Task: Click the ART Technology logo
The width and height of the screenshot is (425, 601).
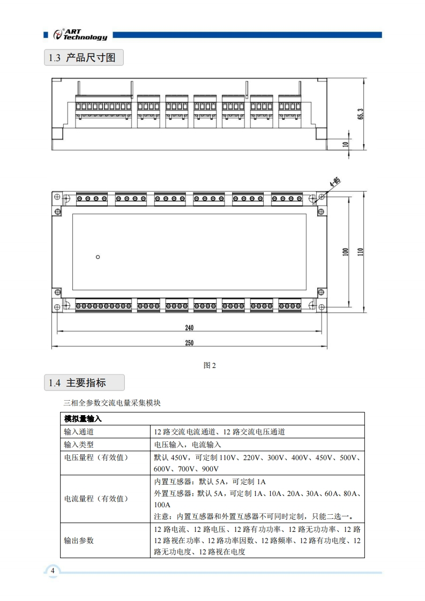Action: pyautogui.click(x=80, y=34)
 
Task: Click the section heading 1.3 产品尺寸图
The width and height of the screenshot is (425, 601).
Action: pyautogui.click(x=83, y=58)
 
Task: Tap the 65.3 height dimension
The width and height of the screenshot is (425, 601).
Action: pyautogui.click(x=361, y=114)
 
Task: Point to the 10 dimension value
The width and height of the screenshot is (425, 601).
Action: pyautogui.click(x=346, y=144)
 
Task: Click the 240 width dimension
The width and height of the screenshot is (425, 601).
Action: pyautogui.click(x=189, y=328)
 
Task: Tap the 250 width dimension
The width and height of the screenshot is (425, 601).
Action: pyautogui.click(x=189, y=343)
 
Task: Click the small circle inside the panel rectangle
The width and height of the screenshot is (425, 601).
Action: pyautogui.click(x=98, y=257)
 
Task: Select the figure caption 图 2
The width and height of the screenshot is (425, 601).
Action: pyautogui.click(x=210, y=366)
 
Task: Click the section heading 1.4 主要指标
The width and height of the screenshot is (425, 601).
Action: pyautogui.click(x=83, y=383)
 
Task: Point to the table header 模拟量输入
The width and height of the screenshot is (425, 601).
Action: pyautogui.click(x=83, y=418)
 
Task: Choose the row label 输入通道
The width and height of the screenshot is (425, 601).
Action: pyautogui.click(x=79, y=431)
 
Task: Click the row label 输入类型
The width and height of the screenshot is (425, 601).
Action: pyautogui.click(x=79, y=445)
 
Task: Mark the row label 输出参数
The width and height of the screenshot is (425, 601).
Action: pyautogui.click(x=79, y=540)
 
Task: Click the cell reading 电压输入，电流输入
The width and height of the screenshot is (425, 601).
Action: pyautogui.click(x=188, y=445)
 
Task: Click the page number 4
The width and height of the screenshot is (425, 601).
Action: pyautogui.click(x=53, y=571)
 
